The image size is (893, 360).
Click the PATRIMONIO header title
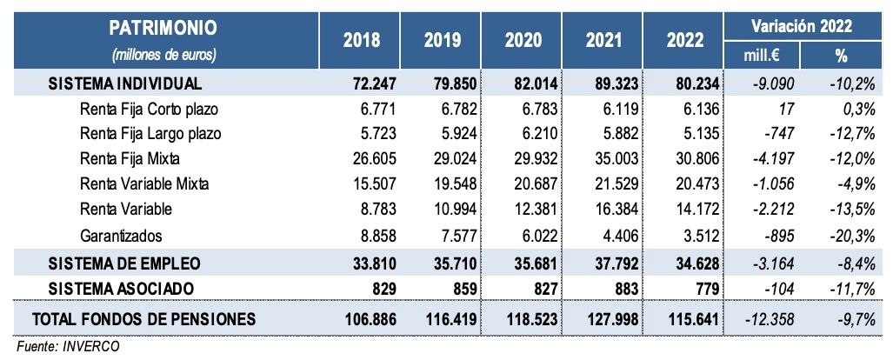point(163,28)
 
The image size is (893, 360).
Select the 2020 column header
point(523,41)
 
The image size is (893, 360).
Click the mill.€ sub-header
point(762,54)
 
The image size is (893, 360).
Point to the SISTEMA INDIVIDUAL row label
point(125,84)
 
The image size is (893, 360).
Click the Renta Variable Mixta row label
point(144,184)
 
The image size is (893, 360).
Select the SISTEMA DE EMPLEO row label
point(125,262)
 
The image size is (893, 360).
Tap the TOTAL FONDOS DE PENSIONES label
point(144,319)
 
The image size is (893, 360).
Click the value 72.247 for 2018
point(372,84)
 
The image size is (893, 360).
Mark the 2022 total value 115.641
point(691,319)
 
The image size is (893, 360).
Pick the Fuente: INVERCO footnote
point(67,345)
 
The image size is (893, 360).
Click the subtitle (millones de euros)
point(163,54)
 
